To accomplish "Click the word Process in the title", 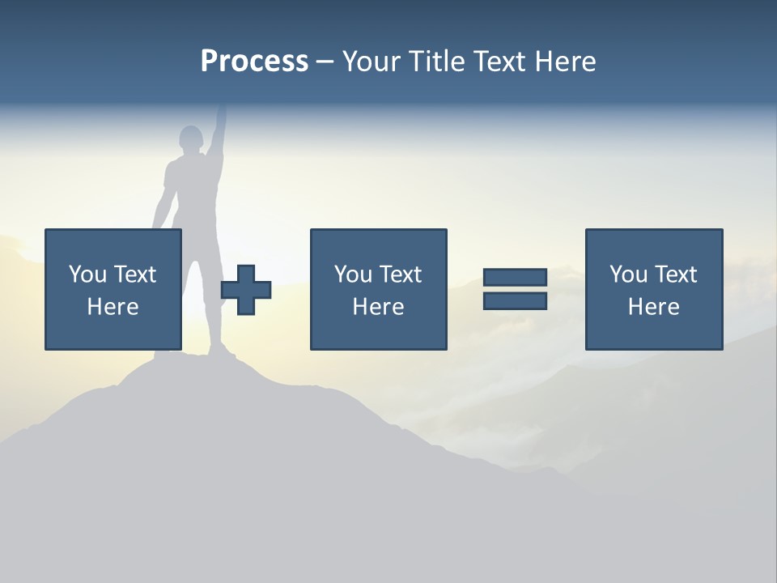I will pos(254,62).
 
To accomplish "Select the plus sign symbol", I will pos(246,290).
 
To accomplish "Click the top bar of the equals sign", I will pos(515,277).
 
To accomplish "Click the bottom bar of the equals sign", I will pos(515,300).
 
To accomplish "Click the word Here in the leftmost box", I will pos(113,307).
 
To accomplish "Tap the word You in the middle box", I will pos(353,274).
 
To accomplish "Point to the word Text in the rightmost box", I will pos(675,274).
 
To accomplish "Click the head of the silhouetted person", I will pos(191,139).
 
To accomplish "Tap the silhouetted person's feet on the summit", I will pos(219,351).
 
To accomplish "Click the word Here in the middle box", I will pos(378,307).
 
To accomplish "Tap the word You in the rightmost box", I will pos(628,274).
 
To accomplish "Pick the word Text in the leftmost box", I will pos(134,274).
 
